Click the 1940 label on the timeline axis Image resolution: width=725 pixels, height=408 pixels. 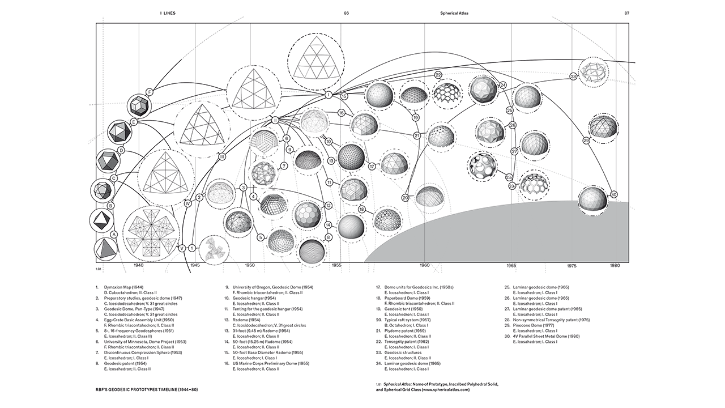139,265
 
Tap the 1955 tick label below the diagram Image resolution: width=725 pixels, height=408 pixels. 336,265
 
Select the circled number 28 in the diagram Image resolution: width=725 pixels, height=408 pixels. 573,76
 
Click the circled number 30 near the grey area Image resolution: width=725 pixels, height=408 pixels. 613,193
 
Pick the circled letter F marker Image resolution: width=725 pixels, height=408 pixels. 150,92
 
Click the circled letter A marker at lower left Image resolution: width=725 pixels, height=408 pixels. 114,233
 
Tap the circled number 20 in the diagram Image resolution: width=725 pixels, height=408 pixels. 405,197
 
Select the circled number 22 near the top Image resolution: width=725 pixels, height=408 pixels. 438,75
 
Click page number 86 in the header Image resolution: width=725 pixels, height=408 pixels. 346,13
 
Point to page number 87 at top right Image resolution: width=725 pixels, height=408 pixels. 627,13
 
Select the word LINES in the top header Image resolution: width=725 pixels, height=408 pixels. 169,13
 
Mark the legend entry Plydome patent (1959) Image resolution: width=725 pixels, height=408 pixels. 404,330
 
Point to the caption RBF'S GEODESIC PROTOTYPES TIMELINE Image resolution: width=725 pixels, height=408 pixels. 147,389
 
